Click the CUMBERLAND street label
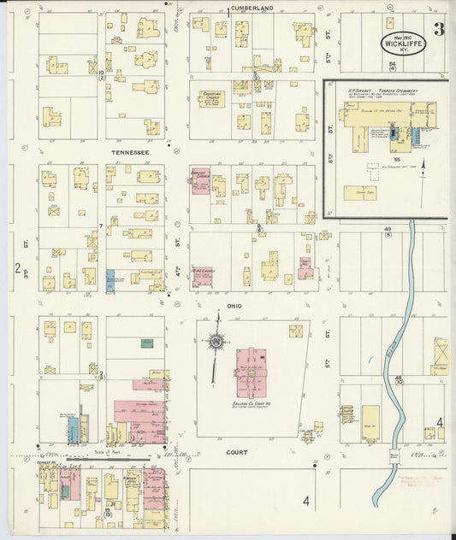coord(252,8)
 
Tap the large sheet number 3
coord(438,30)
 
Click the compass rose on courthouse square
coord(217,342)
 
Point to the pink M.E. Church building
coord(201,277)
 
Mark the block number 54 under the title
coord(392,66)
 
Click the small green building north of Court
coord(146,343)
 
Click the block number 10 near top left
coord(101,73)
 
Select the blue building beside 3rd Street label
coord(110,278)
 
